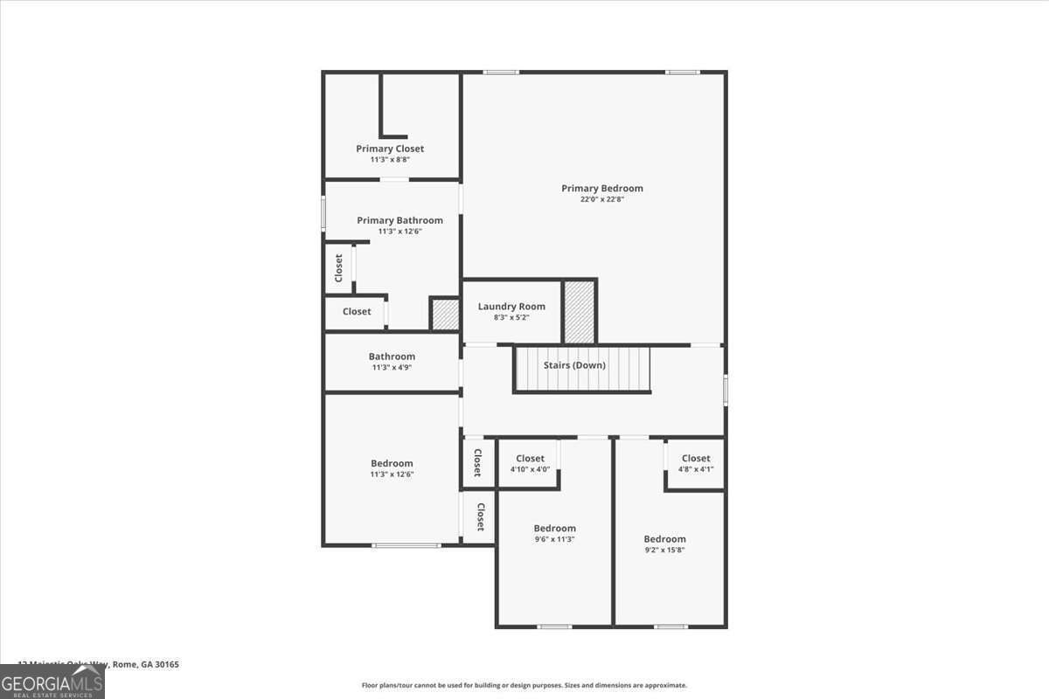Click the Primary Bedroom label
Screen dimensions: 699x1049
click(601, 188)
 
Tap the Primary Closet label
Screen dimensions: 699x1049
click(390, 149)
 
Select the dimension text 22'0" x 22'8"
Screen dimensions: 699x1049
click(601, 199)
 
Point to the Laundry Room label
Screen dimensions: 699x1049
click(511, 307)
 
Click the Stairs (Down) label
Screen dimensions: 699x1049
click(574, 365)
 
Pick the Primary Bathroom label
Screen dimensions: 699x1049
click(399, 220)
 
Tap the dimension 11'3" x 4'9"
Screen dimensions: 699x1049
click(391, 368)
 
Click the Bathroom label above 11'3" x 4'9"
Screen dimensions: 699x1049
click(392, 356)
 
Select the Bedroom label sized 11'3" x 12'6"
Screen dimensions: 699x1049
click(392, 463)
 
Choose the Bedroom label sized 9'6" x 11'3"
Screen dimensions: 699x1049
click(555, 528)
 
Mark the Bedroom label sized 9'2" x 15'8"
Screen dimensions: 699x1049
click(664, 539)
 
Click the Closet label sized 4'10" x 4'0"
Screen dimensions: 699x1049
click(530, 459)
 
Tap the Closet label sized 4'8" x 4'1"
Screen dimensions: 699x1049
click(696, 459)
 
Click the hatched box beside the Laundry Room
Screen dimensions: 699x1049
click(579, 312)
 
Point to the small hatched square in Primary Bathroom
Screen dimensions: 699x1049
click(445, 315)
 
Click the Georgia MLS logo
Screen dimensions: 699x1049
click(52, 682)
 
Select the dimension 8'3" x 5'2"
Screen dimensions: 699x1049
click(511, 317)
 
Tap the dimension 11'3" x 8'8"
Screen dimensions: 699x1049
click(390, 160)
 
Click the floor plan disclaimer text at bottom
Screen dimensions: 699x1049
click(524, 686)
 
